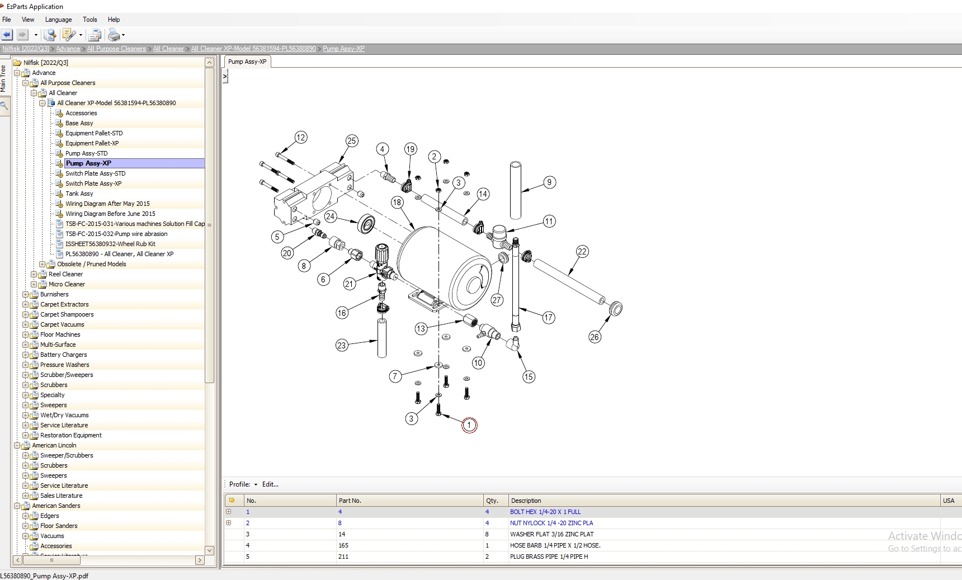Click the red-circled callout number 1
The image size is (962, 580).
click(469, 425)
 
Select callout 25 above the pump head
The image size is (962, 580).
click(351, 141)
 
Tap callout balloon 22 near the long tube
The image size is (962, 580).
click(582, 252)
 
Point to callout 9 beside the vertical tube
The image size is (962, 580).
click(549, 182)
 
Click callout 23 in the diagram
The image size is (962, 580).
click(342, 345)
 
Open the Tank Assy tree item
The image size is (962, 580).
click(79, 194)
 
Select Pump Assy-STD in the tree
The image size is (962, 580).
click(86, 153)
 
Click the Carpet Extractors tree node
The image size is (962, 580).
click(64, 304)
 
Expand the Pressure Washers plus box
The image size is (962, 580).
click(25, 365)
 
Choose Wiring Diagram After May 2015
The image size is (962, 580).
click(107, 204)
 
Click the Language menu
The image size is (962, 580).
click(58, 20)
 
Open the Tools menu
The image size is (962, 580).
click(89, 20)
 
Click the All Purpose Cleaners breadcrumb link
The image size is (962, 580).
click(116, 49)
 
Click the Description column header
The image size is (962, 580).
click(526, 501)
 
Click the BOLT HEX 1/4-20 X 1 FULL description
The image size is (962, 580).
click(545, 512)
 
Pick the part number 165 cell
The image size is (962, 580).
click(343, 545)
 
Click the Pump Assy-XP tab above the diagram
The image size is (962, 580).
click(247, 62)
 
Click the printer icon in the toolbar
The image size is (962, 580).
click(114, 35)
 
